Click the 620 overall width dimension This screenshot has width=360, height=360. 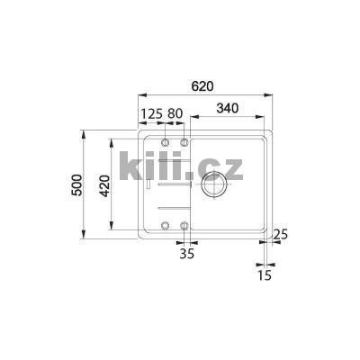point(202,85)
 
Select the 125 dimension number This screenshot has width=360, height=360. point(151,113)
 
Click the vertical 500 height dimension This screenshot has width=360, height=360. point(77,186)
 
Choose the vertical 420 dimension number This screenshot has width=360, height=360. point(104,186)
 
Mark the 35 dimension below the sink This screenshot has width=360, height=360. point(186,255)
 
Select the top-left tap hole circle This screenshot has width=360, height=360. point(165,143)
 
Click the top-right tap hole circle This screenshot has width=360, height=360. point(184,143)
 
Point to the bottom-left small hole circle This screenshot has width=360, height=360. point(165,225)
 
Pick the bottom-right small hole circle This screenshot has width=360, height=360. point(184,225)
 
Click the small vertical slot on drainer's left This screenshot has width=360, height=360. point(147,186)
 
